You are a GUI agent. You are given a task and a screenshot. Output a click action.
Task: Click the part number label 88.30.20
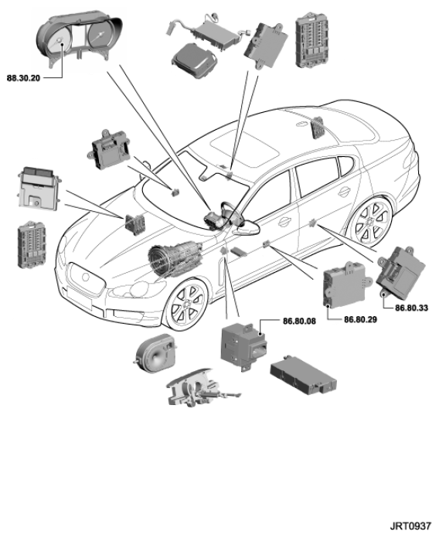tap(23, 78)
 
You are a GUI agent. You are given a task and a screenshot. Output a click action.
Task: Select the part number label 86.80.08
tap(299, 321)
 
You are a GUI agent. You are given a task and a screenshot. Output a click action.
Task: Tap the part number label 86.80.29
tap(360, 319)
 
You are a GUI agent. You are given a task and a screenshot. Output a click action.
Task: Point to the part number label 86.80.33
tap(411, 308)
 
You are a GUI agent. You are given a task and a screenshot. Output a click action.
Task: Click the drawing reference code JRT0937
tap(410, 526)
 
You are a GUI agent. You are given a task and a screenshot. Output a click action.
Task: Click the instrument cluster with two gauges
tap(80, 39)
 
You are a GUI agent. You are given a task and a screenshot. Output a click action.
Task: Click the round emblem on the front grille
tap(85, 278)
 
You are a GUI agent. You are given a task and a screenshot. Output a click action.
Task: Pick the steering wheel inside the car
tap(232, 213)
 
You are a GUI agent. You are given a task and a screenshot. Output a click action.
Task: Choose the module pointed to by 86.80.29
tap(347, 284)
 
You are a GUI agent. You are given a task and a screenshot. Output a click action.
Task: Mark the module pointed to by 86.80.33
tap(401, 271)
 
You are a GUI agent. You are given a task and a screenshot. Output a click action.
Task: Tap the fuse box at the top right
tap(311, 40)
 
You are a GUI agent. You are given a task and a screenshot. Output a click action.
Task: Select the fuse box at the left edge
tap(32, 244)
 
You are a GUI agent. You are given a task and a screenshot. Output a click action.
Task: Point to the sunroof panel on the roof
tap(244, 150)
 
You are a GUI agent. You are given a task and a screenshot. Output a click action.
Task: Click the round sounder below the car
tap(155, 352)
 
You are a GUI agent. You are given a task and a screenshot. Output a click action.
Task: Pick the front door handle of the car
tap(284, 222)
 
